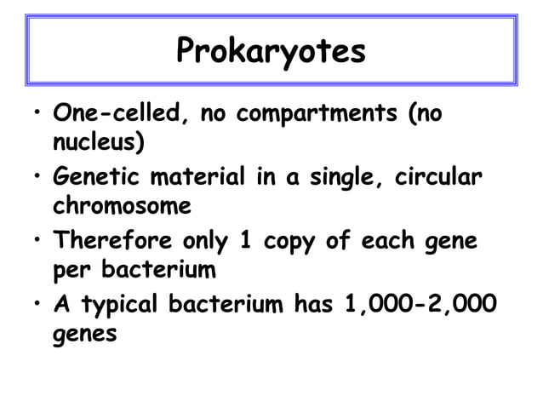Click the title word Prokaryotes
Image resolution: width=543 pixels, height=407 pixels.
tap(271, 52)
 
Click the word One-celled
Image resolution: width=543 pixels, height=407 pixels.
tap(120, 113)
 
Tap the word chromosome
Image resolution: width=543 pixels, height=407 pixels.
tap(122, 206)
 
